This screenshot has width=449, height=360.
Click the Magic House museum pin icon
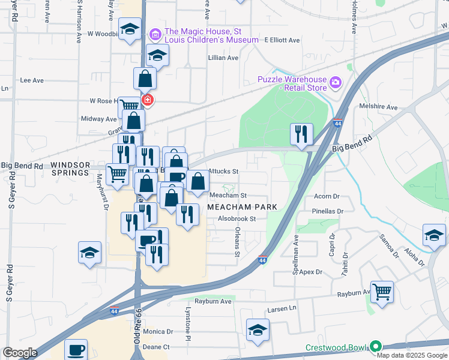point(155,34)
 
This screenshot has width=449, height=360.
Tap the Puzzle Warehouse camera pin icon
point(334,81)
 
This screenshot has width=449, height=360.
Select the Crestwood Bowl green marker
point(376,347)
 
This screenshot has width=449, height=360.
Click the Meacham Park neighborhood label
point(242,206)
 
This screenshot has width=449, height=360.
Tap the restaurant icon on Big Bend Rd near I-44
point(301,134)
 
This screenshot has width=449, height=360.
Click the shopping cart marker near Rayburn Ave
point(382,292)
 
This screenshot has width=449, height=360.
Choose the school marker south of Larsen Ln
point(258,330)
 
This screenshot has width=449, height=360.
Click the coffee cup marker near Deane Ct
point(76,350)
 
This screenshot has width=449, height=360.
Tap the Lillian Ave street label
point(223,58)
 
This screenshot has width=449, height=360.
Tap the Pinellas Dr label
point(328,211)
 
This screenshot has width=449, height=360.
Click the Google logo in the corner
point(20,353)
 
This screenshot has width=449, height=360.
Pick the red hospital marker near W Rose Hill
point(146,100)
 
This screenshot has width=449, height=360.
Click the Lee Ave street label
point(32,80)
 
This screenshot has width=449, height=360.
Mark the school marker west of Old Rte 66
point(89,252)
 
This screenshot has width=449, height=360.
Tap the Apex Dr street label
point(311,272)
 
